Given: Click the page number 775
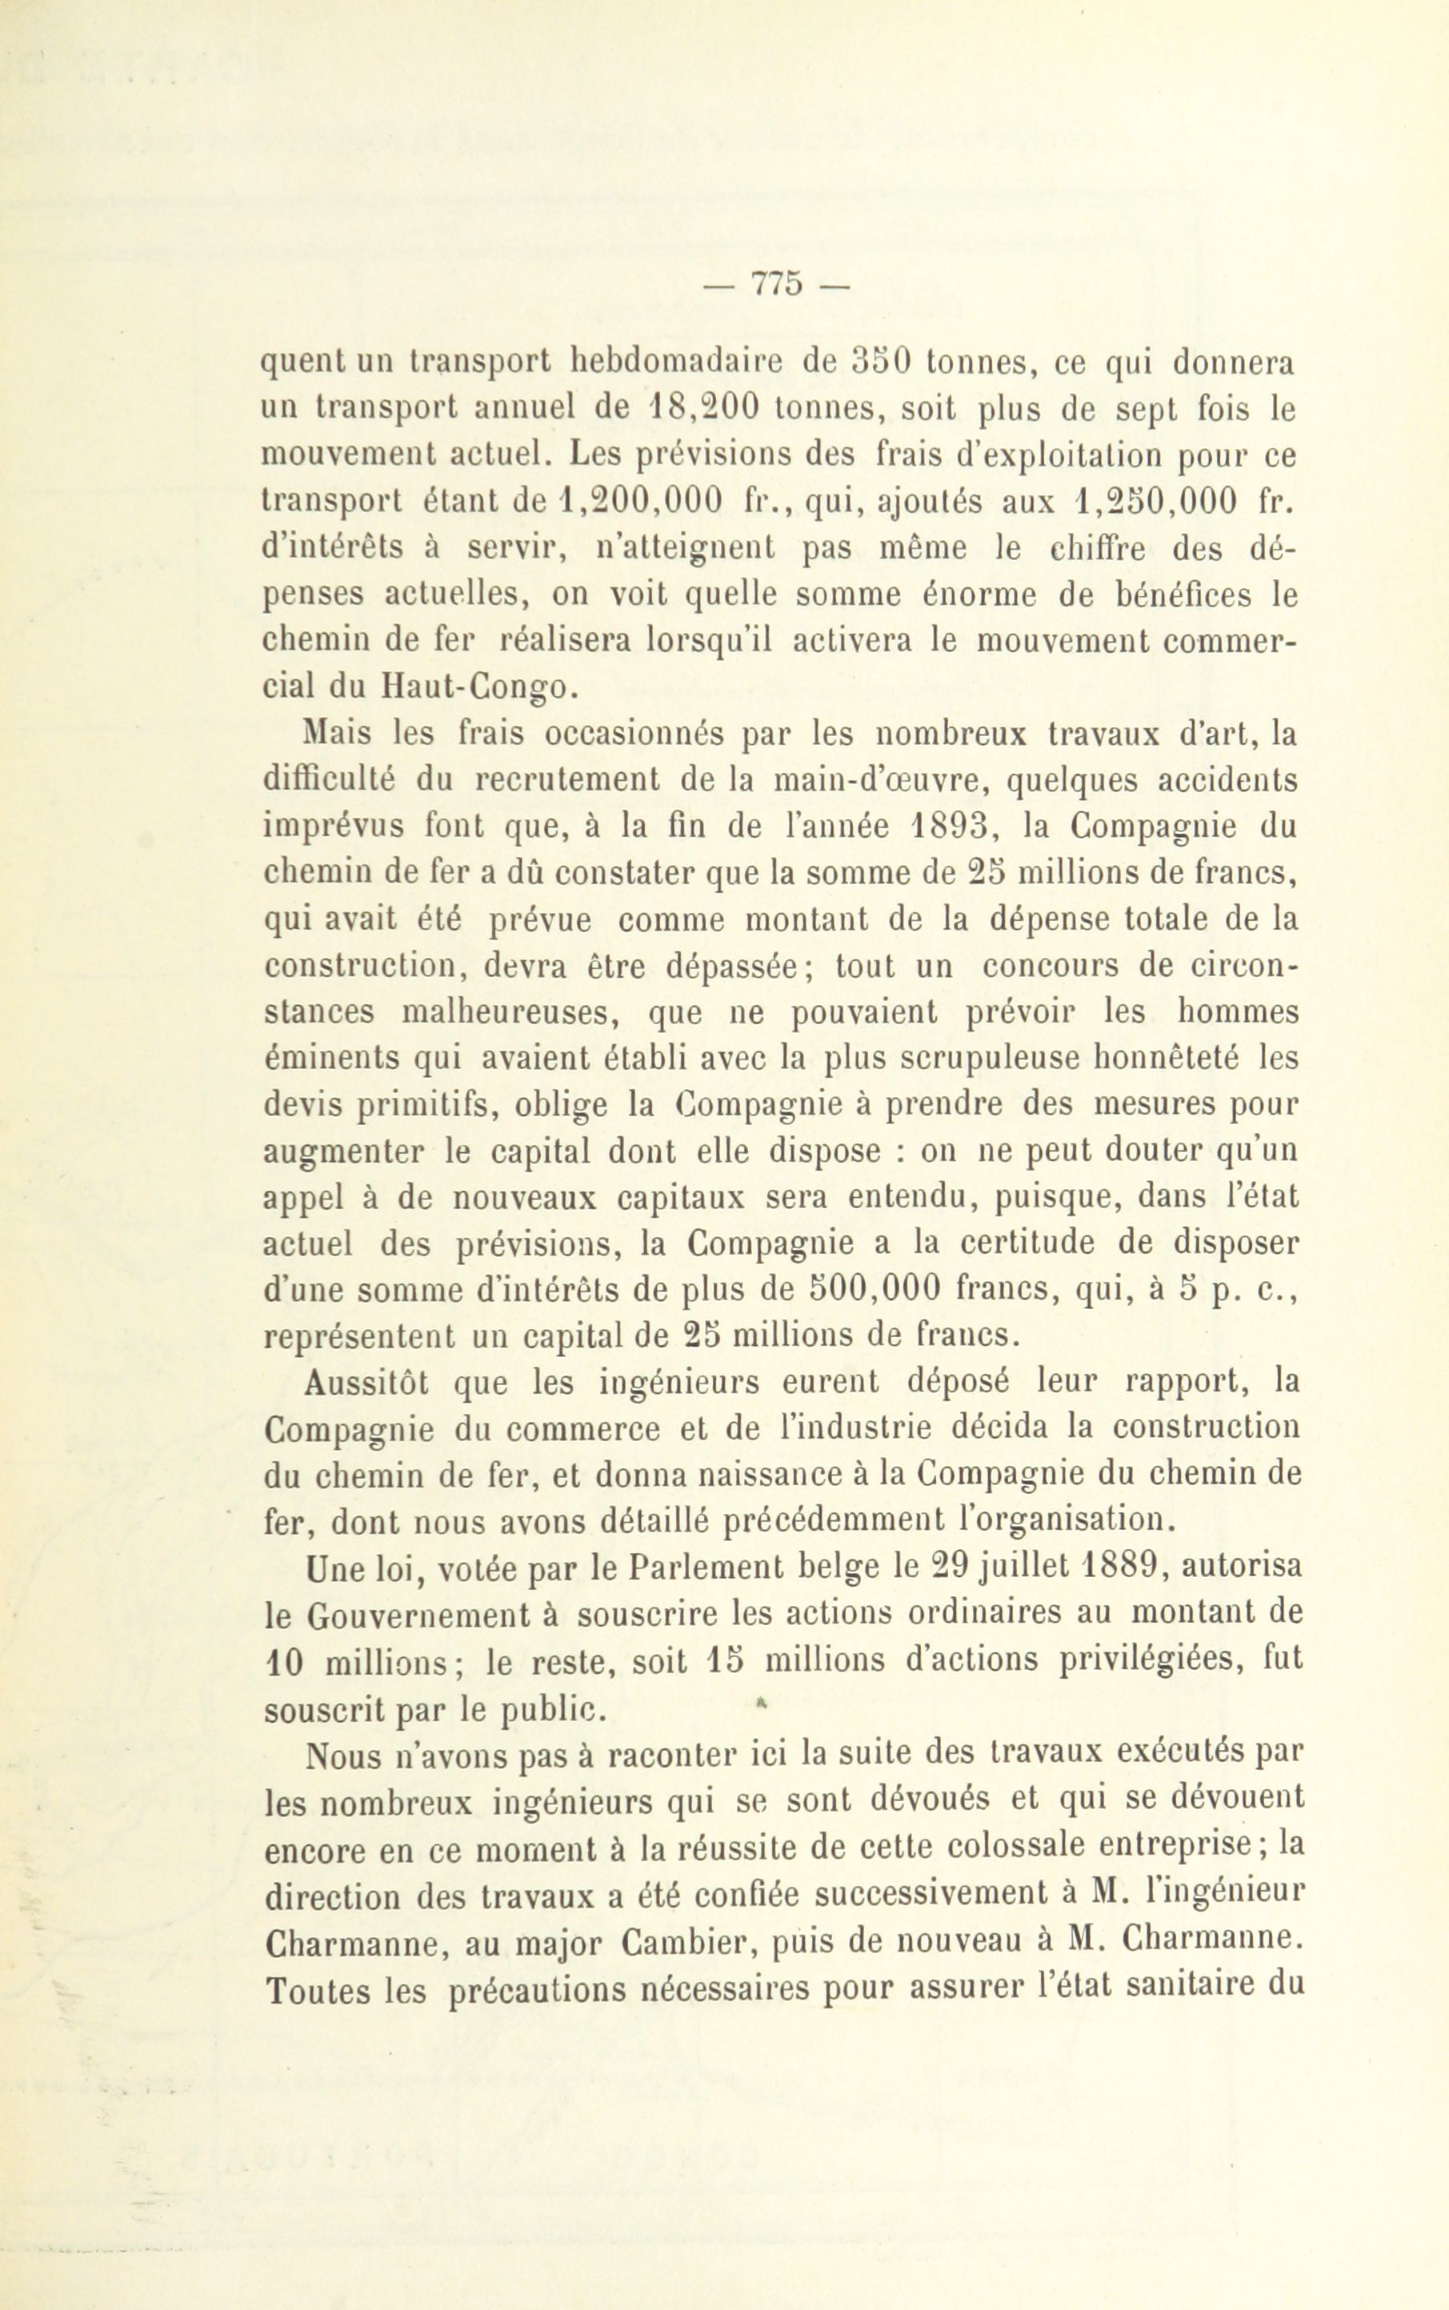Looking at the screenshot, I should point(776,286).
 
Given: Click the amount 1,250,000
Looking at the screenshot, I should point(1154,503).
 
